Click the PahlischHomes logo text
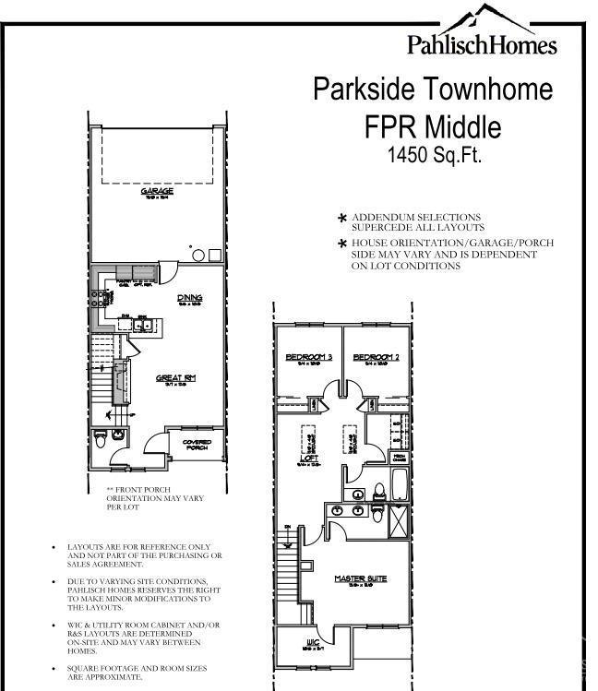point(482,44)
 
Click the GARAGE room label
point(157,191)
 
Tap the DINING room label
point(189,297)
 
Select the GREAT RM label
point(175,377)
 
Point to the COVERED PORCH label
point(197,446)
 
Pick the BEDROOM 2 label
point(376,357)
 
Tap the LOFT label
point(309,458)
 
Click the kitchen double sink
point(143,324)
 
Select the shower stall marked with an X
point(398,520)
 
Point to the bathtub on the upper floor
point(398,484)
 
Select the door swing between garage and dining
point(169,271)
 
